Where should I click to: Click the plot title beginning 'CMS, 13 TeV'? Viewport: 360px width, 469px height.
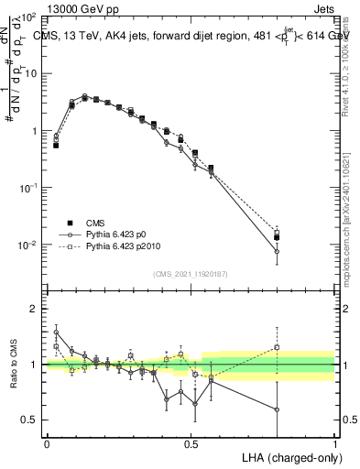tap(191, 36)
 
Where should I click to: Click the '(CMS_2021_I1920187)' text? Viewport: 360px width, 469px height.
tap(191, 274)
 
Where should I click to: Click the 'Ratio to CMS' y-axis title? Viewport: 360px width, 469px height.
tap(13, 365)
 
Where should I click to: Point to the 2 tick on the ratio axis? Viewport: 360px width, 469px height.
tap(34, 310)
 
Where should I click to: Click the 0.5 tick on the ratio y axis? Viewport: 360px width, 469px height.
tap(29, 420)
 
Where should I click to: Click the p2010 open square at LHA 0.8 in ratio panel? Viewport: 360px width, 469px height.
tap(277, 347)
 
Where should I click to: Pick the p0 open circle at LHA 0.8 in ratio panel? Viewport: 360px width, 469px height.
tap(277, 409)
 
